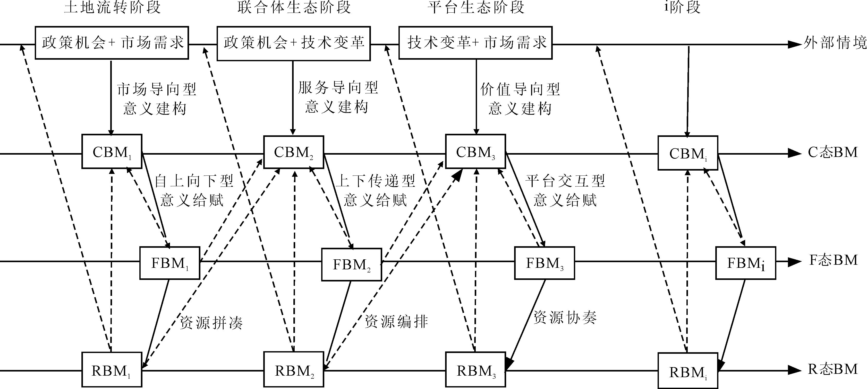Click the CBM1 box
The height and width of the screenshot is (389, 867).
tap(112, 151)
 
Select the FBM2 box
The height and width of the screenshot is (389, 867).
tap(351, 264)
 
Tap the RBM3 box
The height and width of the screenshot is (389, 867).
tap(475, 369)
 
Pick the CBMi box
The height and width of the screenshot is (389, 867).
tap(688, 153)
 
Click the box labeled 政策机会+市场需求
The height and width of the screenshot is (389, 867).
tap(112, 43)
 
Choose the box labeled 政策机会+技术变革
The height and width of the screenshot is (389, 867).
tap(293, 43)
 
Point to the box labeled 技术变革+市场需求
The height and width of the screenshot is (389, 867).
tap(475, 43)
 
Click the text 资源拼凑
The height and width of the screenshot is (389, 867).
tap(211, 323)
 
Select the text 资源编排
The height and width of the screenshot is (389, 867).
tap(396, 321)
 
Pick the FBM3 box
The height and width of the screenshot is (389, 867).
tap(544, 263)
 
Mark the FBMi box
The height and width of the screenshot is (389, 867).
tap(745, 263)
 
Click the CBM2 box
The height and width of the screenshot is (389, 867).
tap(293, 152)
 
